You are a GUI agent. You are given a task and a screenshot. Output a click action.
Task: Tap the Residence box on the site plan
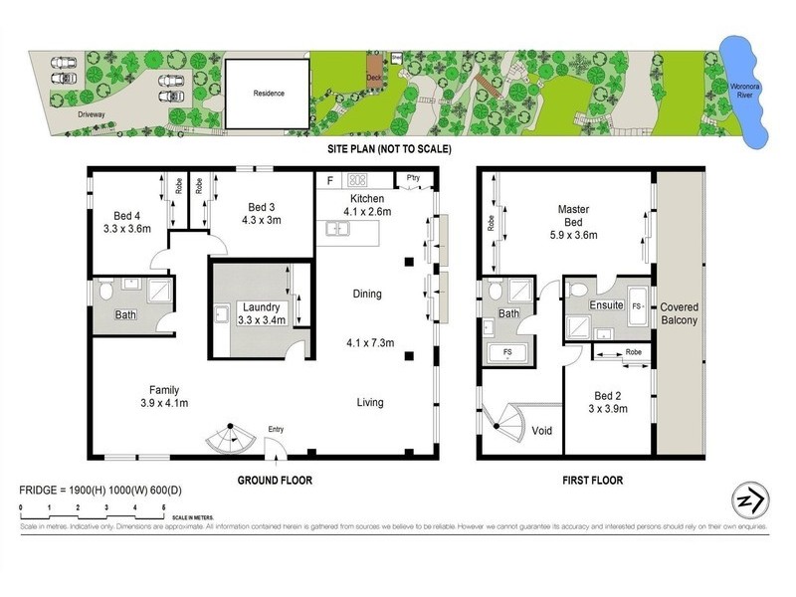(x=268, y=94)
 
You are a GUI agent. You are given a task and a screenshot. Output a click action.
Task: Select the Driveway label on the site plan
(x=92, y=114)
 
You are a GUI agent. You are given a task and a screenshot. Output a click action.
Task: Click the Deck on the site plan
(x=374, y=78)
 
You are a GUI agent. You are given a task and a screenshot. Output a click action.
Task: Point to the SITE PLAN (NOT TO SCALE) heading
(x=390, y=149)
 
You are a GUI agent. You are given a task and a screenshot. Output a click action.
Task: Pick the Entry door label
(x=277, y=429)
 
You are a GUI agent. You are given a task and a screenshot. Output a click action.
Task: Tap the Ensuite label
(x=606, y=304)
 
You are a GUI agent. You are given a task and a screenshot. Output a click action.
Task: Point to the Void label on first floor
(x=543, y=431)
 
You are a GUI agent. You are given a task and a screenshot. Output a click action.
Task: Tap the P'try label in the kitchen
(x=413, y=178)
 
